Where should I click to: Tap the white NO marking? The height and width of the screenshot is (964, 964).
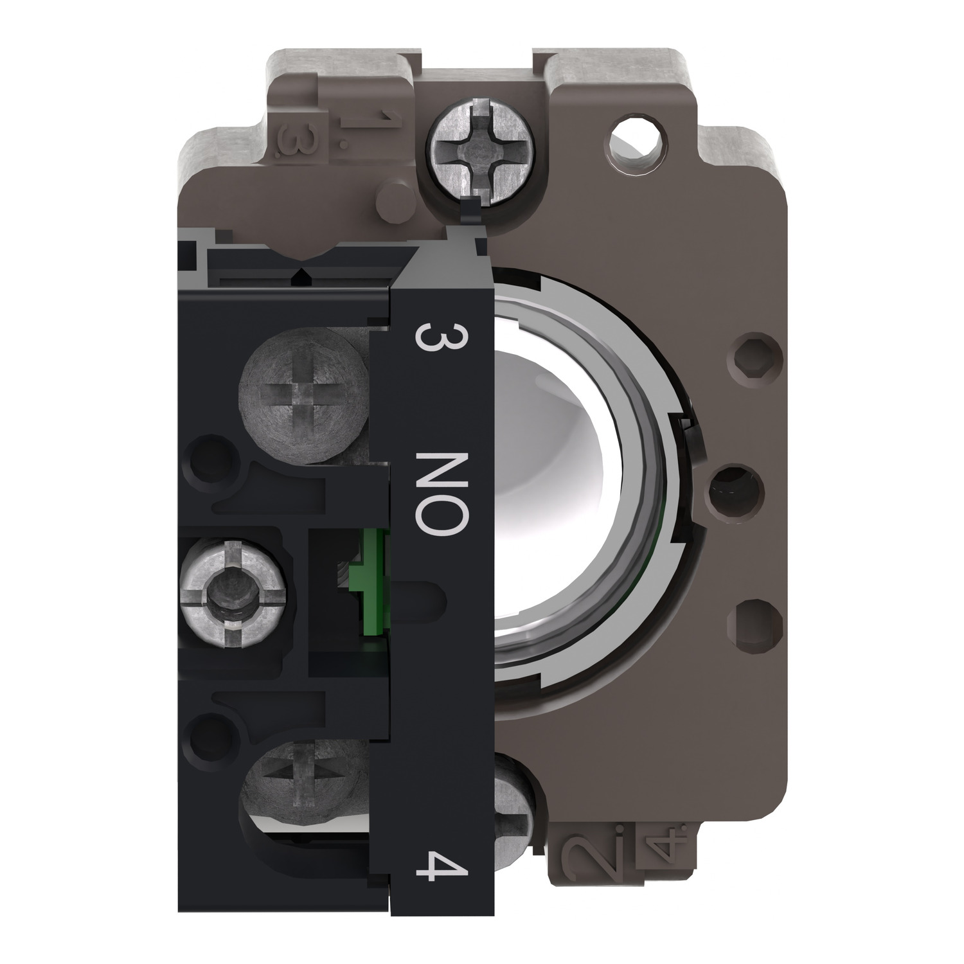439,492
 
